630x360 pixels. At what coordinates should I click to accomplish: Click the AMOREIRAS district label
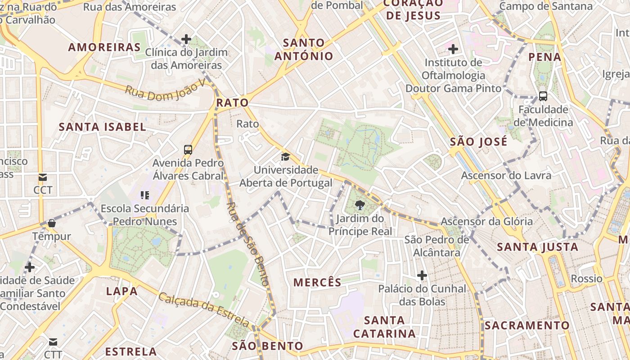pos(104,47)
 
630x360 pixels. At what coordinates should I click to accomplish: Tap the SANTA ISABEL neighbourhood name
pos(103,127)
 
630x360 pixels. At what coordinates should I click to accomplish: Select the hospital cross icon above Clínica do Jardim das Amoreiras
pos(186,39)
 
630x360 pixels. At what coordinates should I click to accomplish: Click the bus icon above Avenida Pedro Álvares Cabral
pos(188,150)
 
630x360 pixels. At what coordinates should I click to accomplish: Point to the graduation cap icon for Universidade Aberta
pos(285,157)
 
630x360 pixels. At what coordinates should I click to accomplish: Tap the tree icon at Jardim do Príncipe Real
pos(360,206)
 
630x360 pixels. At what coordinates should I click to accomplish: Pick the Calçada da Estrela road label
pos(204,310)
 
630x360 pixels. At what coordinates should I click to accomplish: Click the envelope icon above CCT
pos(43,177)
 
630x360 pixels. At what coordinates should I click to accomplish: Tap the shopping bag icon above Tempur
pos(51,223)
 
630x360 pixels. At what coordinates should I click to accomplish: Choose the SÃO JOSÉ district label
pos(479,142)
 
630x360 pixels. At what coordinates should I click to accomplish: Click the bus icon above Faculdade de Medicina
pos(543,96)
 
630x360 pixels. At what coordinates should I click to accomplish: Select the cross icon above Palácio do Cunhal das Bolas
pos(422,275)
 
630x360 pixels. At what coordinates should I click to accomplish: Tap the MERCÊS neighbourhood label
pos(318,283)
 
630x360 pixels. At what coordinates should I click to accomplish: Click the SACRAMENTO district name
pos(527,325)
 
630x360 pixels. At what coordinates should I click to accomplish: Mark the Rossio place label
pos(586,279)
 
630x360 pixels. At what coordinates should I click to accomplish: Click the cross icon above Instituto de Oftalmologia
pos(453,49)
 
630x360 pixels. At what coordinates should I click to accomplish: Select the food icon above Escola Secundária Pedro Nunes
pos(145,195)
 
